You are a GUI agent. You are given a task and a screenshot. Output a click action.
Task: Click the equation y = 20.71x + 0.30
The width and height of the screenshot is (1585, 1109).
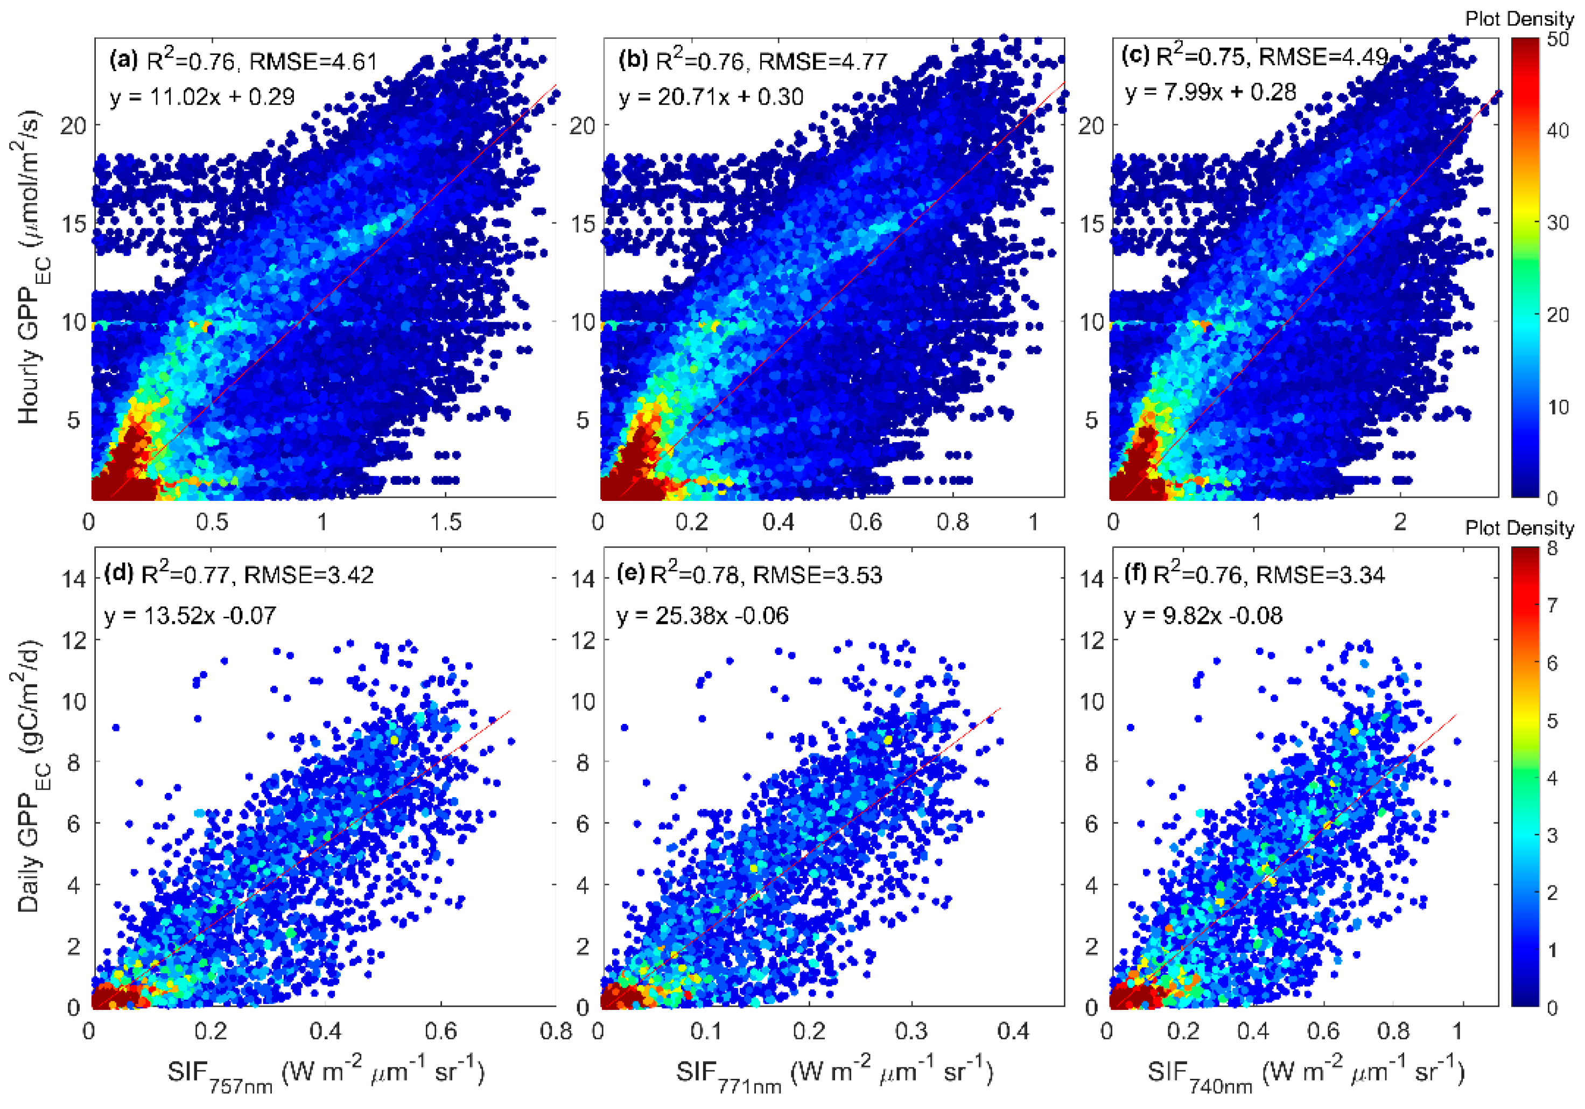click(x=711, y=97)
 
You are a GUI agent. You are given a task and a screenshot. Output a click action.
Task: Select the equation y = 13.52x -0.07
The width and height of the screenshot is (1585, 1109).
click(x=190, y=615)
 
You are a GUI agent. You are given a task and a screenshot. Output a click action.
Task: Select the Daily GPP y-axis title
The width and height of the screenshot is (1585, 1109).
click(x=29, y=777)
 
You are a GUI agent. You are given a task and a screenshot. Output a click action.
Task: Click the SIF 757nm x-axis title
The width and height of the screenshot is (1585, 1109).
click(x=325, y=1074)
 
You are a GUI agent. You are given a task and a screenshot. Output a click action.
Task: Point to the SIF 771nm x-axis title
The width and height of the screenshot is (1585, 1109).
click(x=834, y=1074)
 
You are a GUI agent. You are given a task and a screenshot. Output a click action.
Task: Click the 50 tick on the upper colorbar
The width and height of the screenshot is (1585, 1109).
click(x=1558, y=39)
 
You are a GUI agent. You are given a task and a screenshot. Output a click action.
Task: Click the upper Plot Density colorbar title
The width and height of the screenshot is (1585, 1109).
click(x=1519, y=19)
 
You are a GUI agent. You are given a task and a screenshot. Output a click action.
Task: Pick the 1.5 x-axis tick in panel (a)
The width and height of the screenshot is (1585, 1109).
click(x=445, y=522)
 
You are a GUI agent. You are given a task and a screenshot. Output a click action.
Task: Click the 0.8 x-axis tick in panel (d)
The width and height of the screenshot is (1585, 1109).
click(x=556, y=1031)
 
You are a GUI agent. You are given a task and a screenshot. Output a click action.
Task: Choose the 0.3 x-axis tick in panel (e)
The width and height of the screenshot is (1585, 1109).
click(x=911, y=1031)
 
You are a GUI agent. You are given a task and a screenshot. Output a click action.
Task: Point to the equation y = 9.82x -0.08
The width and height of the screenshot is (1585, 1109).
click(x=1203, y=615)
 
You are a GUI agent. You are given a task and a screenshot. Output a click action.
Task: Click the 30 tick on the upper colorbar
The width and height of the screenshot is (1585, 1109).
click(x=1558, y=222)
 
